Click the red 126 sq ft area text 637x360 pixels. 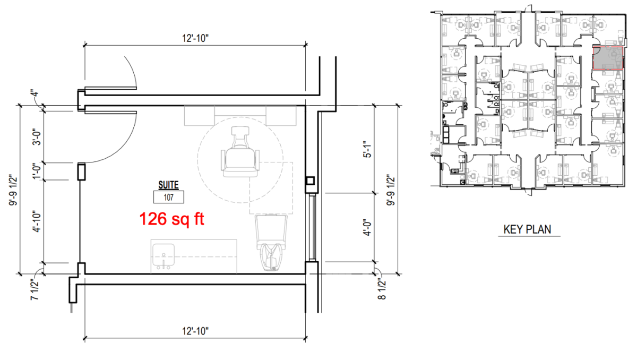click(171, 219)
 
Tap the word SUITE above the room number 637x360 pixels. click(168, 185)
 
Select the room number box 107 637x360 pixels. click(169, 197)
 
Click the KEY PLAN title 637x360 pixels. click(527, 229)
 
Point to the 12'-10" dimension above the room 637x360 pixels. click(195, 38)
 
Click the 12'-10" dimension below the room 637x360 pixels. click(195, 331)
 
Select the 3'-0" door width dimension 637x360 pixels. click(37, 139)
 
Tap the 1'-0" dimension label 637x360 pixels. click(37, 171)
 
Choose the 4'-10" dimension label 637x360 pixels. click(37, 221)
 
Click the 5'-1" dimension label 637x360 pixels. click(367, 150)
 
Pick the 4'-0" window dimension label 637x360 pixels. click(367, 227)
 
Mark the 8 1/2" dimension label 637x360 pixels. click(382, 289)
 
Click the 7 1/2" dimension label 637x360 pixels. click(34, 290)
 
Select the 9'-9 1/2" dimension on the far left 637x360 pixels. click(13, 191)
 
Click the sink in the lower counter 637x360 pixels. click(163, 256)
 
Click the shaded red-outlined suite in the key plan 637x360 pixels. click(608, 58)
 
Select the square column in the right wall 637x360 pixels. click(310, 181)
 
